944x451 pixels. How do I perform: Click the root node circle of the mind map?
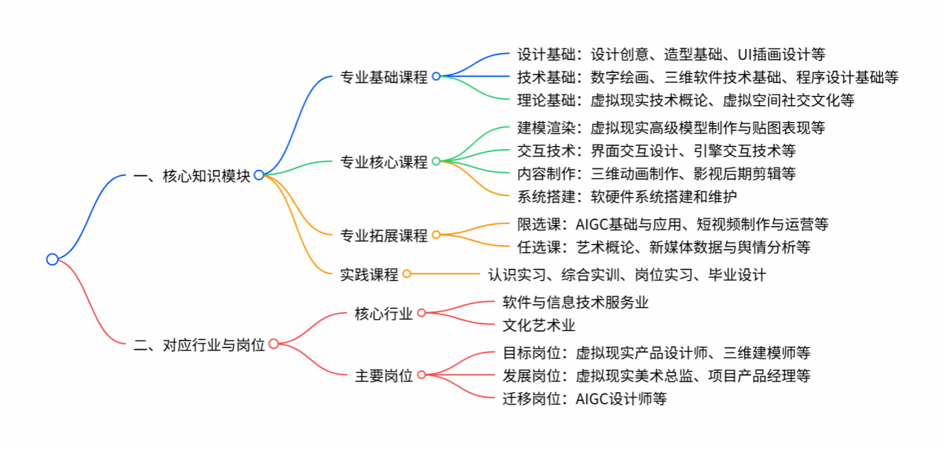coord(52,259)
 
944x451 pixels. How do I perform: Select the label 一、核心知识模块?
coord(192,175)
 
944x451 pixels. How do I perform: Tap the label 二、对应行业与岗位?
coord(199,344)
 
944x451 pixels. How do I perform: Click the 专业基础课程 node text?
coord(384,76)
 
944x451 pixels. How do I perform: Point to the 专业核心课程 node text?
coord(384,161)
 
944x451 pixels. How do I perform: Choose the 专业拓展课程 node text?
coord(384,236)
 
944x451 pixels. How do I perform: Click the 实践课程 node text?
coord(369,274)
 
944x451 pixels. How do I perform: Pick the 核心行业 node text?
coord(384,313)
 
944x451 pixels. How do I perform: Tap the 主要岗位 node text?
coord(384,375)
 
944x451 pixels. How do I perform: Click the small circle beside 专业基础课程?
coord(436,76)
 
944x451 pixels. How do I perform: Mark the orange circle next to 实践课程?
coord(406,274)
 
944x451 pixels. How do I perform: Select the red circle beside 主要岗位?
coord(421,375)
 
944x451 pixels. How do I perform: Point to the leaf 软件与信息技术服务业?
coord(576,302)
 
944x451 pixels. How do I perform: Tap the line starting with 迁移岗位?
coord(585,399)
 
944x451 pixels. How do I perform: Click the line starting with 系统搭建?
coord(627,197)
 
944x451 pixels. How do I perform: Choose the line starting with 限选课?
coord(673,224)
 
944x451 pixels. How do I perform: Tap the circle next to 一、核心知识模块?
coord(259,175)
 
